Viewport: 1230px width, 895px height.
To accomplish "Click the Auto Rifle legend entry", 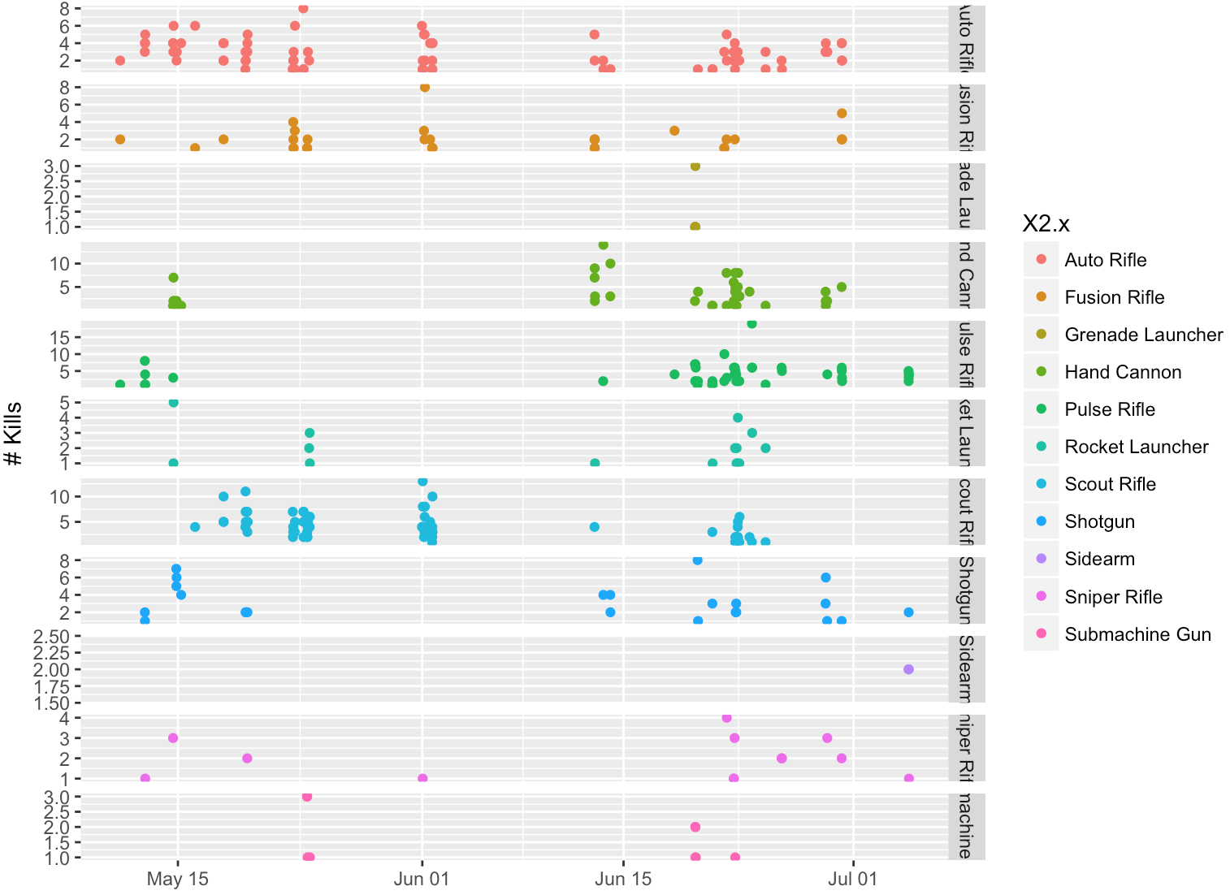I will pos(1105,260).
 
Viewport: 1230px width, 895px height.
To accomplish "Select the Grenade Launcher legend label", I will pos(1143,335).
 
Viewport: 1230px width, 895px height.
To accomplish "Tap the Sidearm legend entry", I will pos(1099,559).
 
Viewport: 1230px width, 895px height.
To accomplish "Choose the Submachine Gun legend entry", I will pos(1137,634).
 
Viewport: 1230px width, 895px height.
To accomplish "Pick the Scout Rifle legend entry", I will pos(1110,484).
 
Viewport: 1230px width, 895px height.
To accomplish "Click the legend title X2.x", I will pos(1046,224).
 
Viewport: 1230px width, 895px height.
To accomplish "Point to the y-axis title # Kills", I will pos(14,434).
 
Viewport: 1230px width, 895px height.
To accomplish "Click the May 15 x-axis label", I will pos(177,879).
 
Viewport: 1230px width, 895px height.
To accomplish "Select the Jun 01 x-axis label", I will pos(421,879).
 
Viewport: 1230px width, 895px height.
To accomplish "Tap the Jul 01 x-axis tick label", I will pos(852,879).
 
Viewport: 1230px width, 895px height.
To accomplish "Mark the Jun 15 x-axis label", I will pos(622,879).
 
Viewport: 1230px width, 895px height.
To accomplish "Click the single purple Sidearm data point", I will pos(908,669).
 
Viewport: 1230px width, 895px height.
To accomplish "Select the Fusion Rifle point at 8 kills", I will pos(424,88).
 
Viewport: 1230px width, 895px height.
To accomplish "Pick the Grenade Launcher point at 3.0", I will pos(695,166).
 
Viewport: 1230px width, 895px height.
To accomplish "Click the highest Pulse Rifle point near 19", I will pos(751,324).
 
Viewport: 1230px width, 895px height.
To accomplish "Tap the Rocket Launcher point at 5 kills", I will pos(173,403).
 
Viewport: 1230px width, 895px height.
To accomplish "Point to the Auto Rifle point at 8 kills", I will pos(303,9).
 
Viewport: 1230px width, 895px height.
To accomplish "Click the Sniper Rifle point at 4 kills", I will pos(726,718).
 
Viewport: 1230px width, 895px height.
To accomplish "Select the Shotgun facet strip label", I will pos(966,590).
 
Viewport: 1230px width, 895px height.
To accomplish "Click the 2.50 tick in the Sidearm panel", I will pos(50,637).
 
